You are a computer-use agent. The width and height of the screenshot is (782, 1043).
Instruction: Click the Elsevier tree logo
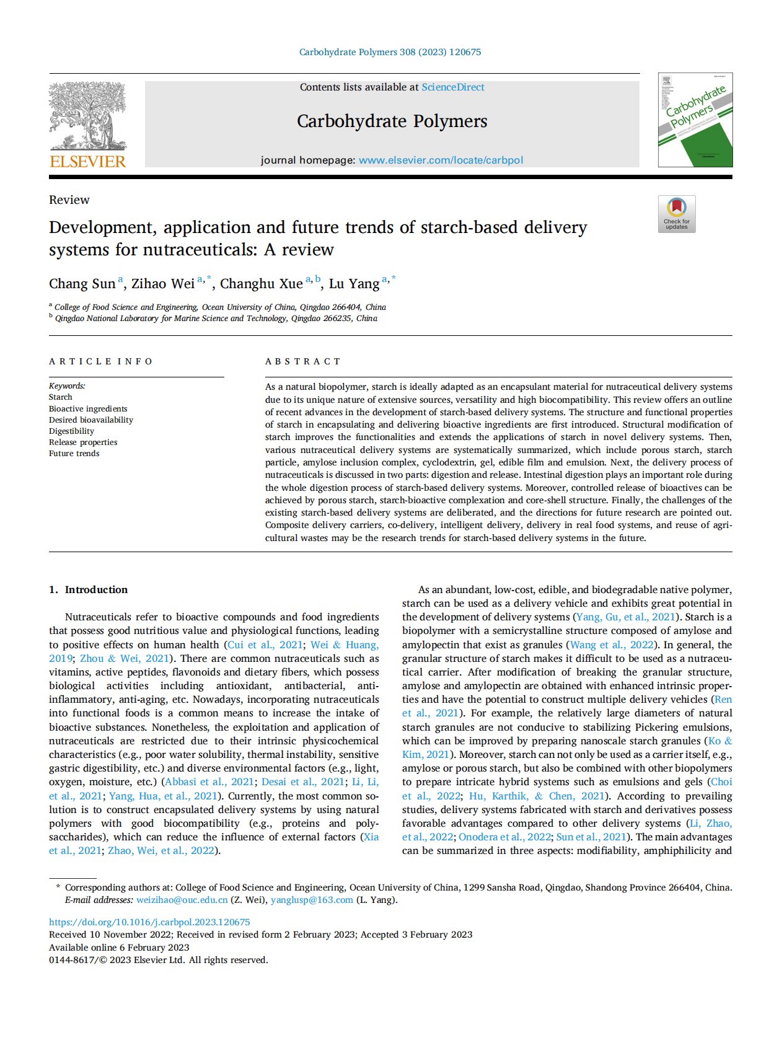coord(87,116)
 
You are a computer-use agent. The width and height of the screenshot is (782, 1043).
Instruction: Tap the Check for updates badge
coord(677,214)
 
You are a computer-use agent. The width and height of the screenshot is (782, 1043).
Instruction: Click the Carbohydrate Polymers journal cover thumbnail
coord(695,120)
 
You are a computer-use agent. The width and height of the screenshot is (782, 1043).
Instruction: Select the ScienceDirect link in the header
coord(453,87)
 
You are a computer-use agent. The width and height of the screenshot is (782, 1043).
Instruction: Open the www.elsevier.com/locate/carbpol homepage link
coord(441,160)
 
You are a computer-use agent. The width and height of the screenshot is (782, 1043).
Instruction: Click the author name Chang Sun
coord(82,284)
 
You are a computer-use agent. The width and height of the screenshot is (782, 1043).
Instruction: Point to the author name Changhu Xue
coord(261,284)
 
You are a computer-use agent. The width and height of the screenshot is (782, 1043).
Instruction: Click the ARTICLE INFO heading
coord(100,361)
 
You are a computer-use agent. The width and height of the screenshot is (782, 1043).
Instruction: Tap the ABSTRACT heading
coord(302,361)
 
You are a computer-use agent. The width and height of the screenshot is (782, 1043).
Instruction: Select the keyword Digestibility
coord(71,431)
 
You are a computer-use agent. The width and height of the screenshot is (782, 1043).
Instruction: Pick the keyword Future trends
coord(74,453)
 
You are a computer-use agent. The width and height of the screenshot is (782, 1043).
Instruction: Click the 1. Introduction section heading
coord(88,589)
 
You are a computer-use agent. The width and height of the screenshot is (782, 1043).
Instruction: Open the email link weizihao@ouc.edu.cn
coord(182,900)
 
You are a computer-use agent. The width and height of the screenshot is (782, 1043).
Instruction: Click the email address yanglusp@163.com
coord(312,900)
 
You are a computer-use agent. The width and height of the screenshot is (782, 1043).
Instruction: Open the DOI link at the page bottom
coord(149,922)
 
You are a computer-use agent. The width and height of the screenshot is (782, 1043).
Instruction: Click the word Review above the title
coord(69,200)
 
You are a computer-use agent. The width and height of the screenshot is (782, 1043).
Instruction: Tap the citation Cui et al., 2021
coord(265,645)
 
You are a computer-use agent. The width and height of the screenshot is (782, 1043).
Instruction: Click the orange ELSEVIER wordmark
coord(87,162)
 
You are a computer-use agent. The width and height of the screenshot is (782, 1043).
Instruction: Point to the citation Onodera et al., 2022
coord(504,837)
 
